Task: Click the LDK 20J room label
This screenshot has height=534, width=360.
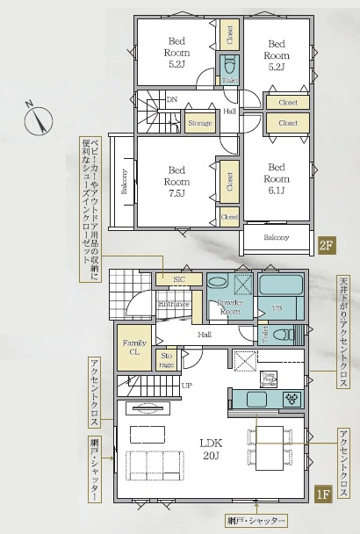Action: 208,447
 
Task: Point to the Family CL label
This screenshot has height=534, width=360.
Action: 135,347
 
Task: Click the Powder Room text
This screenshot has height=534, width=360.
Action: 229,307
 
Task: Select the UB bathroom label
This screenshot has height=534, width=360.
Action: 276,308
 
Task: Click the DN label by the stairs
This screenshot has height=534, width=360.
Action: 172,100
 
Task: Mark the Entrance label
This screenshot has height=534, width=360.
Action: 174,304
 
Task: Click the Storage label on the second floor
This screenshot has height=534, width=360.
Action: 200,124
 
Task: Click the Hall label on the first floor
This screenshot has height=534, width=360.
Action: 205,335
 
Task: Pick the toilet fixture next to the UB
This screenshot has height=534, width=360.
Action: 281,334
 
